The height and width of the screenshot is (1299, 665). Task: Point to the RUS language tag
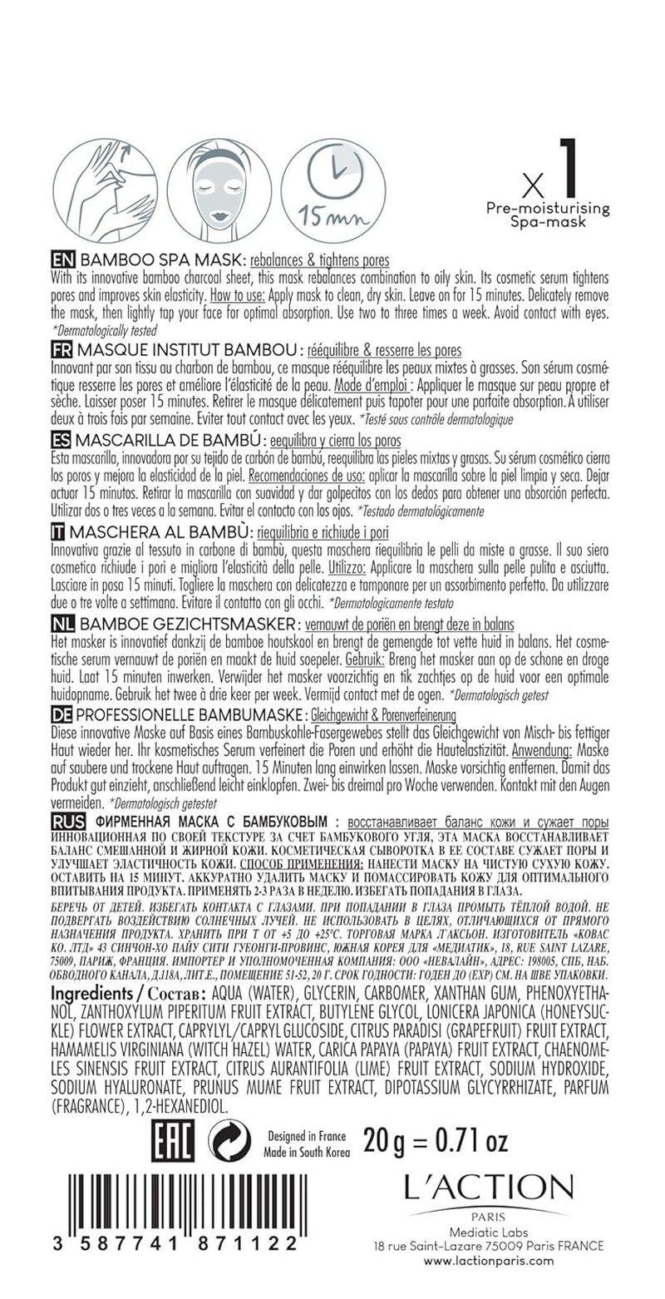(x=67, y=821)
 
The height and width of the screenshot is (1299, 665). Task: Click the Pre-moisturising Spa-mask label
(x=549, y=215)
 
